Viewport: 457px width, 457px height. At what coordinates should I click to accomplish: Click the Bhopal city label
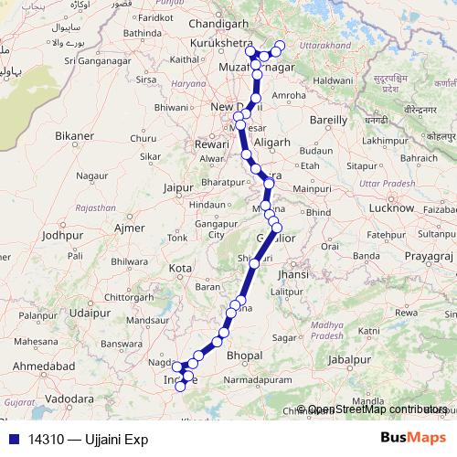(244, 355)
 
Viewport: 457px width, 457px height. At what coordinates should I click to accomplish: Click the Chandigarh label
(218, 25)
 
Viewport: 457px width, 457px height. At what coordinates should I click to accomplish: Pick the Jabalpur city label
(351, 360)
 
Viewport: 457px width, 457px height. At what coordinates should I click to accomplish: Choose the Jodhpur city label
(62, 235)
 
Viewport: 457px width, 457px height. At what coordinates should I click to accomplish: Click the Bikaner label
(75, 136)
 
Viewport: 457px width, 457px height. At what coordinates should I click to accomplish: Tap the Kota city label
(181, 268)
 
